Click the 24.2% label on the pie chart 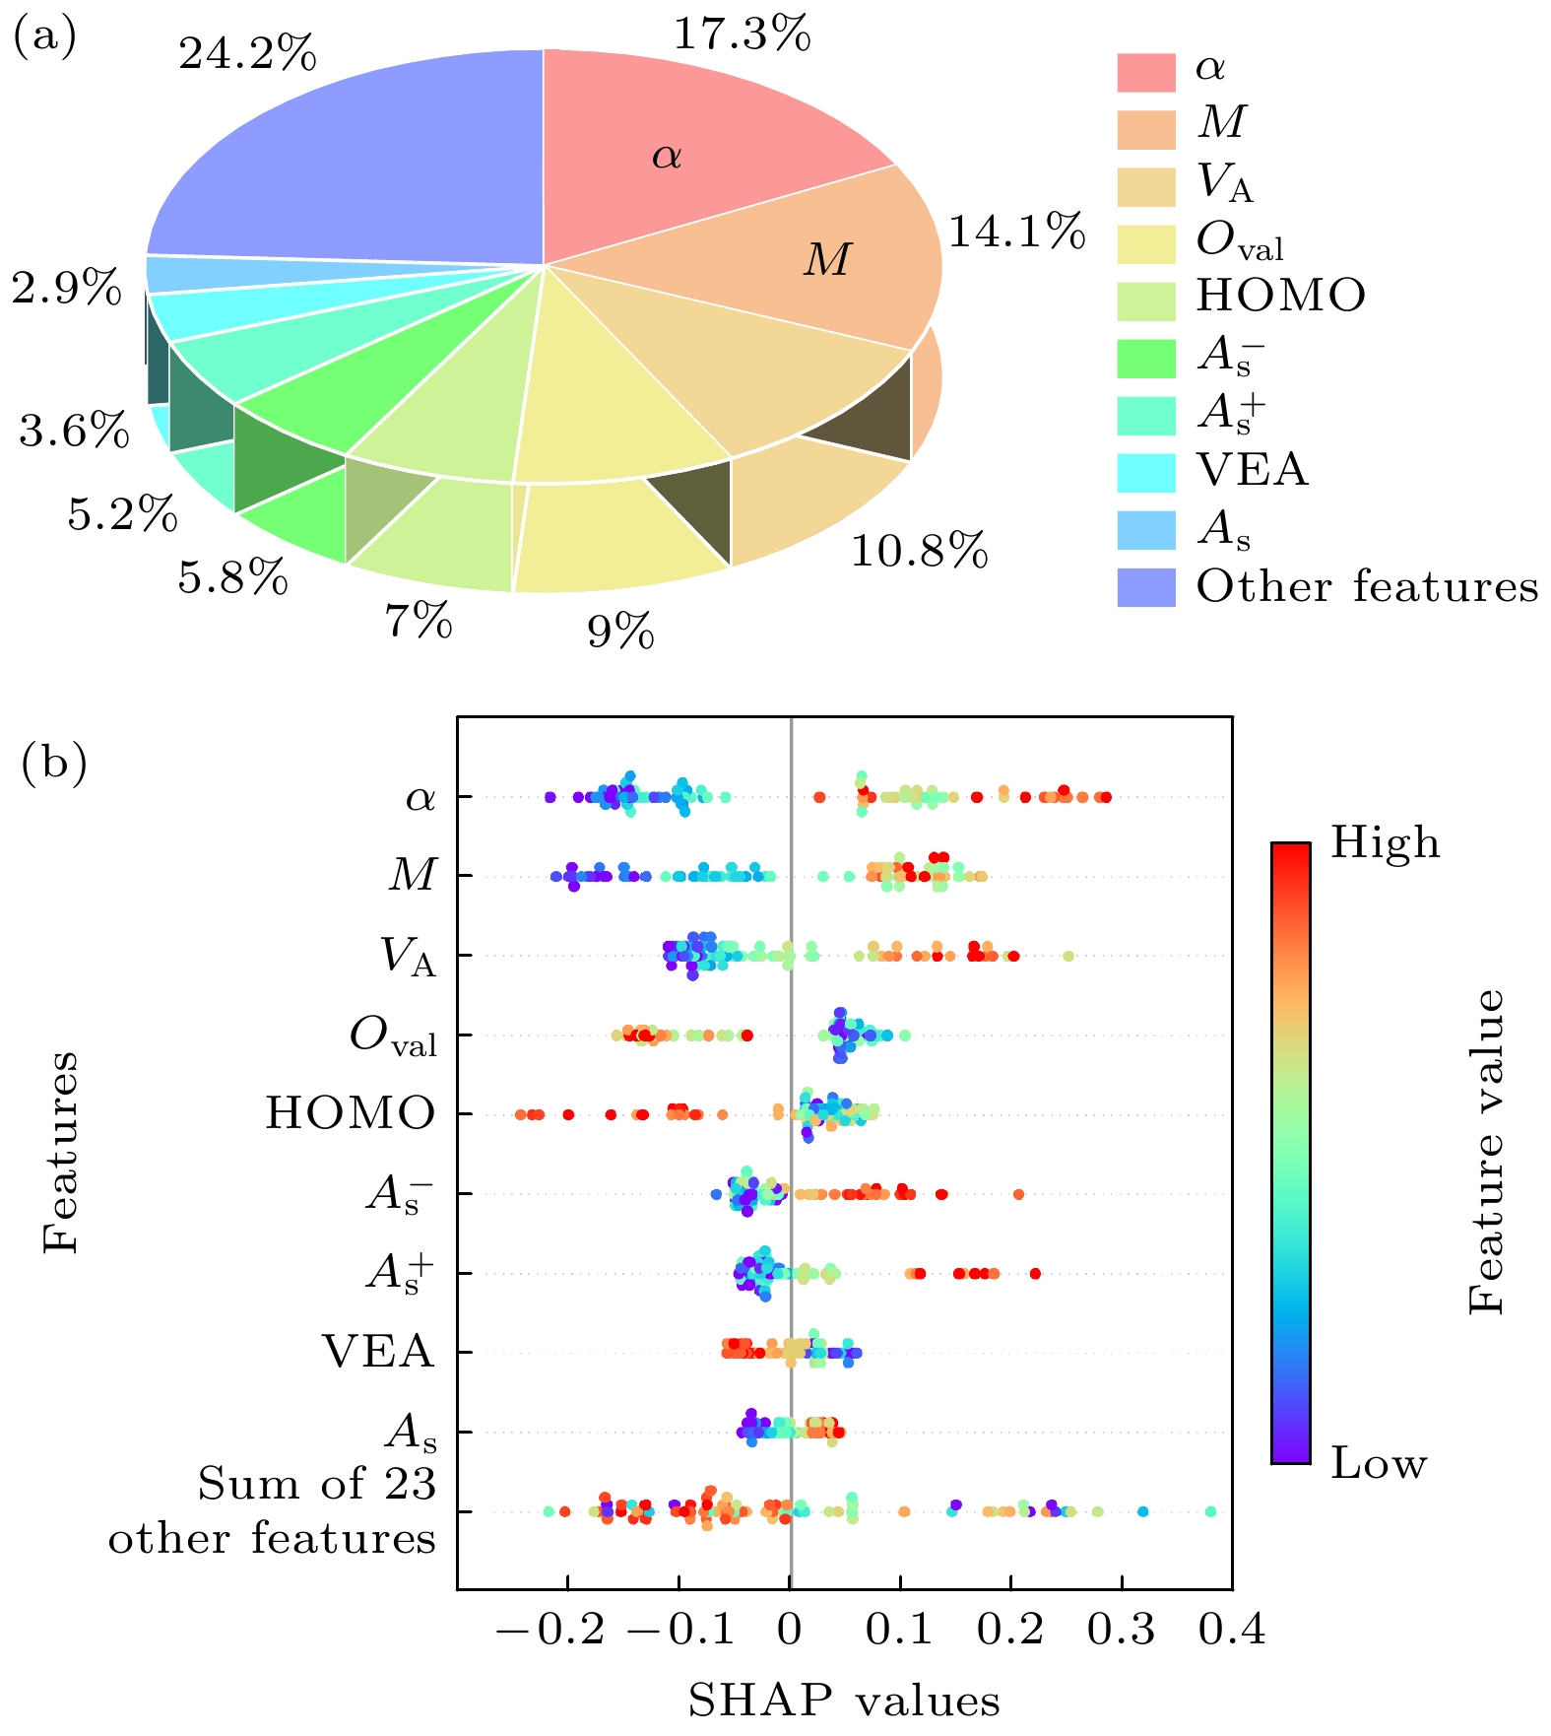click(x=247, y=53)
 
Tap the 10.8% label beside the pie click(x=919, y=552)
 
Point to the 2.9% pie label click(x=67, y=290)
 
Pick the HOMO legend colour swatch click(x=1145, y=301)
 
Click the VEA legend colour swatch click(x=1145, y=473)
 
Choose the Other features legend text click(x=1367, y=587)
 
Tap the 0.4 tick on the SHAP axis click(x=1232, y=1631)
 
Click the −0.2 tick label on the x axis click(x=551, y=1631)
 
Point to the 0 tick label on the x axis click(x=789, y=1631)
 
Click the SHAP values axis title click(x=844, y=1701)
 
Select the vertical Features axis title click(x=61, y=1152)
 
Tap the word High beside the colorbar click(x=1385, y=843)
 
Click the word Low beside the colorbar click(x=1379, y=1465)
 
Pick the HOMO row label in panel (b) click(x=350, y=1113)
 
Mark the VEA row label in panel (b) click(x=378, y=1352)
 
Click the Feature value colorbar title click(x=1487, y=1152)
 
